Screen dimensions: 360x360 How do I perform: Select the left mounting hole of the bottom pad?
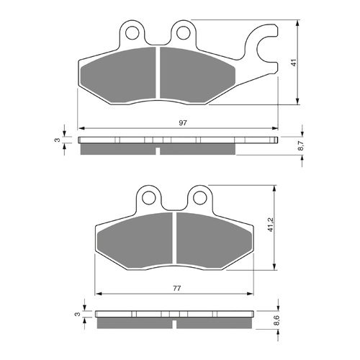point(149,197)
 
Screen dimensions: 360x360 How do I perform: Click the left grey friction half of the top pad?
point(121,76)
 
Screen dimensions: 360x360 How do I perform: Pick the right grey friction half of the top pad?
point(194,76)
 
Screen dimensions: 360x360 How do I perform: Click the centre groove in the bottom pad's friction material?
point(174,241)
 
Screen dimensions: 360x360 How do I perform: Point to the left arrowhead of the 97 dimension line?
point(80,129)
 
